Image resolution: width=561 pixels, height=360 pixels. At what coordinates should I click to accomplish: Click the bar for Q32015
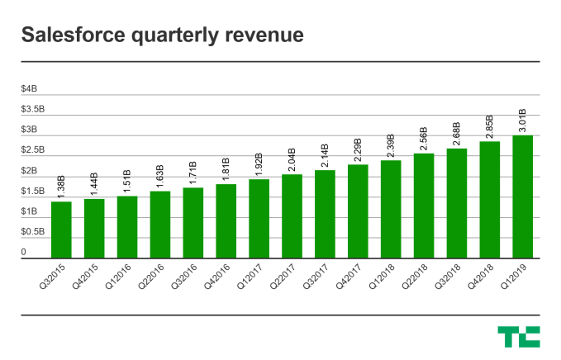pyautogui.click(x=61, y=230)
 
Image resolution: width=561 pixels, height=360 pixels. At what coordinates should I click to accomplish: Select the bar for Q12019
pyautogui.click(x=522, y=197)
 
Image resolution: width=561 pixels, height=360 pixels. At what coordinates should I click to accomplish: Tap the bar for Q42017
pyautogui.click(x=358, y=211)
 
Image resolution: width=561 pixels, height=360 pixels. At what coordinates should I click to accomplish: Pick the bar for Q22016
pyautogui.click(x=160, y=225)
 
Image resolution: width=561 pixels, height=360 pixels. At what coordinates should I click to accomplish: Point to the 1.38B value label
pyautogui.click(x=61, y=186)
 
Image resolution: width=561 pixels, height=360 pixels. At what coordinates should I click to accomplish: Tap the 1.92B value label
pyautogui.click(x=259, y=164)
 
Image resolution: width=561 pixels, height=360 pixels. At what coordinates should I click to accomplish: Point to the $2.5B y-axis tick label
pyautogui.click(x=34, y=150)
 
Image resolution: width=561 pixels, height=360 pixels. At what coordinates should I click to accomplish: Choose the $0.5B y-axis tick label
pyautogui.click(x=34, y=232)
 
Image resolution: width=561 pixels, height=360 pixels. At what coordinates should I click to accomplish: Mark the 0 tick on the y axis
pyautogui.click(x=24, y=252)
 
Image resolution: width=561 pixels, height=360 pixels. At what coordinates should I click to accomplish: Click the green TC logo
pyautogui.click(x=519, y=336)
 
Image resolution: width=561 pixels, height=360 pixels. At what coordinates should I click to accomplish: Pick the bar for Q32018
pyautogui.click(x=457, y=204)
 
